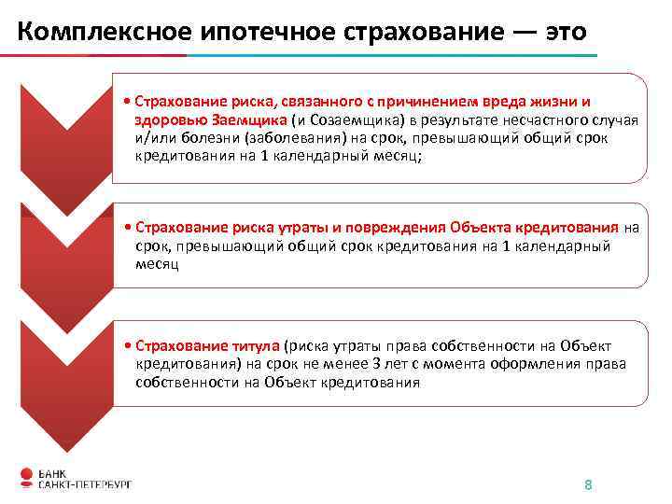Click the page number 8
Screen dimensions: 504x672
[587, 484]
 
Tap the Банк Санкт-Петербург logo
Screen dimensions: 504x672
[75, 477]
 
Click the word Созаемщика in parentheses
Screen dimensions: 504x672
[354, 120]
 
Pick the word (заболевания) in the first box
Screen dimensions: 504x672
[286, 139]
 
